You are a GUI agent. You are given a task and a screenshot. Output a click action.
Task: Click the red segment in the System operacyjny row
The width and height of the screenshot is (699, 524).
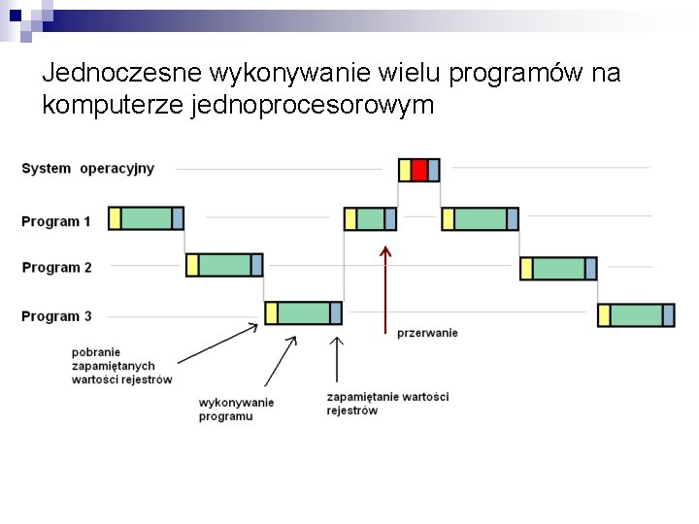coord(419,171)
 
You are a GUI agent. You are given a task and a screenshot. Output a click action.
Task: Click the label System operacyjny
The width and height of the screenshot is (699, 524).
coord(87,169)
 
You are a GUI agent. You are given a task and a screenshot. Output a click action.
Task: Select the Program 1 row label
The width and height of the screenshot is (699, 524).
coord(56,221)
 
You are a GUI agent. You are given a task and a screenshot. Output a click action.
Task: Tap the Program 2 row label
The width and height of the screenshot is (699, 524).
coord(56,268)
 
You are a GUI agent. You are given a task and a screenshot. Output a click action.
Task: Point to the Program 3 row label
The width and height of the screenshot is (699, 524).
coord(56,316)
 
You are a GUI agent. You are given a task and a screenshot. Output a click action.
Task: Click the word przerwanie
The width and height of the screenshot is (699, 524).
coord(427,333)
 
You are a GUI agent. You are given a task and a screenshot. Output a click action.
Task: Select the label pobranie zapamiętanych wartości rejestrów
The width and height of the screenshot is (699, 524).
coord(121,366)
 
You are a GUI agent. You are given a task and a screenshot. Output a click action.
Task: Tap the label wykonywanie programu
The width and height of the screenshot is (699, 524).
coord(236,409)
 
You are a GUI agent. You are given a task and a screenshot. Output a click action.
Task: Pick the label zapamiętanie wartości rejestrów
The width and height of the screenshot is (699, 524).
coord(387,404)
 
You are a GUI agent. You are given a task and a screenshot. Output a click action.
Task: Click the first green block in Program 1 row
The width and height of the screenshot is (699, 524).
coord(147,218)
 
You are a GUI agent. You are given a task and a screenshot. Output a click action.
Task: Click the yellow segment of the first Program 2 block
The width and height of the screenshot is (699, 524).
coord(192,265)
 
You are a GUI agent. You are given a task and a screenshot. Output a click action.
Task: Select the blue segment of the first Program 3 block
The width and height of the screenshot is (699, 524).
coord(336,312)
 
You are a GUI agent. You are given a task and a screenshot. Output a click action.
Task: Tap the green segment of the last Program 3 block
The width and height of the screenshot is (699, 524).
coord(636,315)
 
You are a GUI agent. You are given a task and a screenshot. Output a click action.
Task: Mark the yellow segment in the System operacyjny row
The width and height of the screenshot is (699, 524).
coord(405,171)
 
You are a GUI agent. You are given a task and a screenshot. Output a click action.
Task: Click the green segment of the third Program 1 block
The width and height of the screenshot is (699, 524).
coord(480,219)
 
